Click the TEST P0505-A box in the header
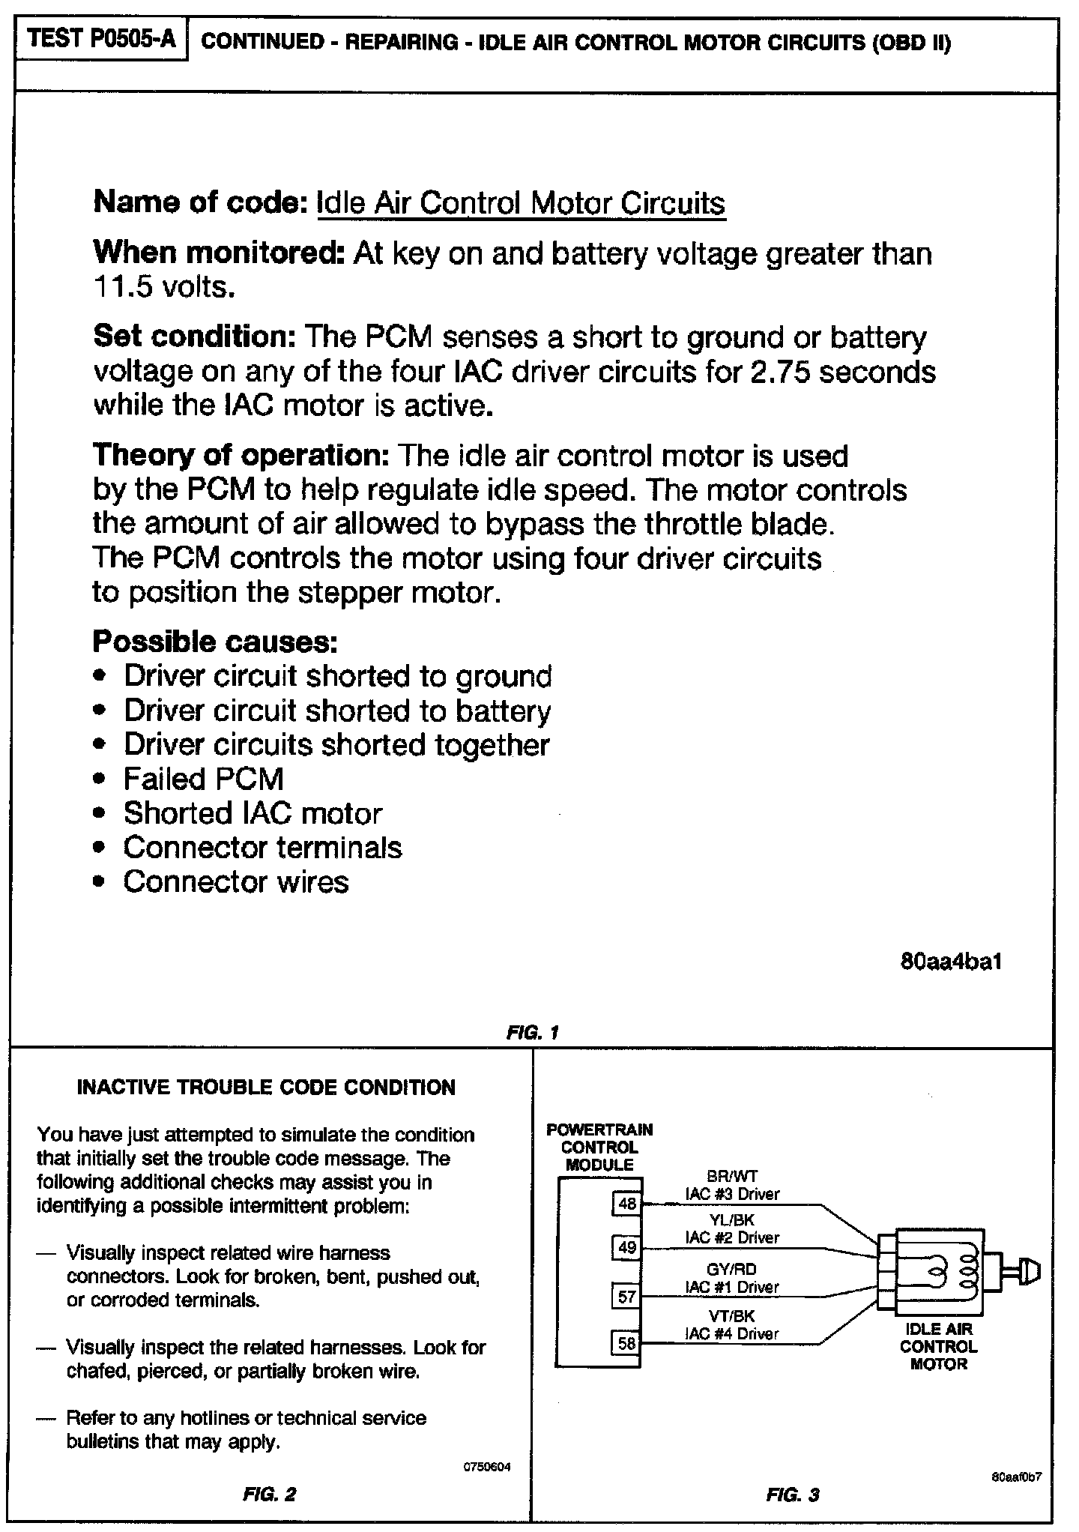[101, 39]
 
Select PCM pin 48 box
[626, 1204]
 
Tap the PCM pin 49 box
[626, 1247]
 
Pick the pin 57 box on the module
[626, 1295]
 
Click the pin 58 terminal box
[626, 1343]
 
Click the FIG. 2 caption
[269, 1495]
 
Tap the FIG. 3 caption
[793, 1495]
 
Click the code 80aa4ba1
[951, 962]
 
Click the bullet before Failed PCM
[100, 780]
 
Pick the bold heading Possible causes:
[215, 642]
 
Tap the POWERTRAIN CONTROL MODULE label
[599, 1147]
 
